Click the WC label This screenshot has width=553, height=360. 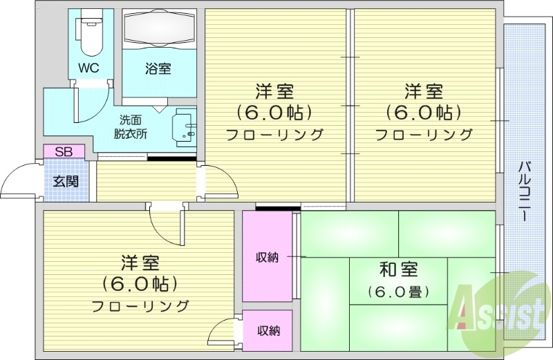[88, 68]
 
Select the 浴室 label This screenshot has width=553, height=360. [158, 68]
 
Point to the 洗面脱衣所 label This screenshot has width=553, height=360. [132, 126]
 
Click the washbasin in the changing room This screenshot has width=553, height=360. [184, 128]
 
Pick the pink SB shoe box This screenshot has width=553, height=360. [64, 151]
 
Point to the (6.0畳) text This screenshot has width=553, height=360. [398, 292]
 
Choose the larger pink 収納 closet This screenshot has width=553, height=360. [268, 256]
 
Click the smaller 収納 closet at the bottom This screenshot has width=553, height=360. [269, 330]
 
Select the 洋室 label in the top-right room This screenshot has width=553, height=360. [424, 91]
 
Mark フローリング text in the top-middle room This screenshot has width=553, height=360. [275, 135]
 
